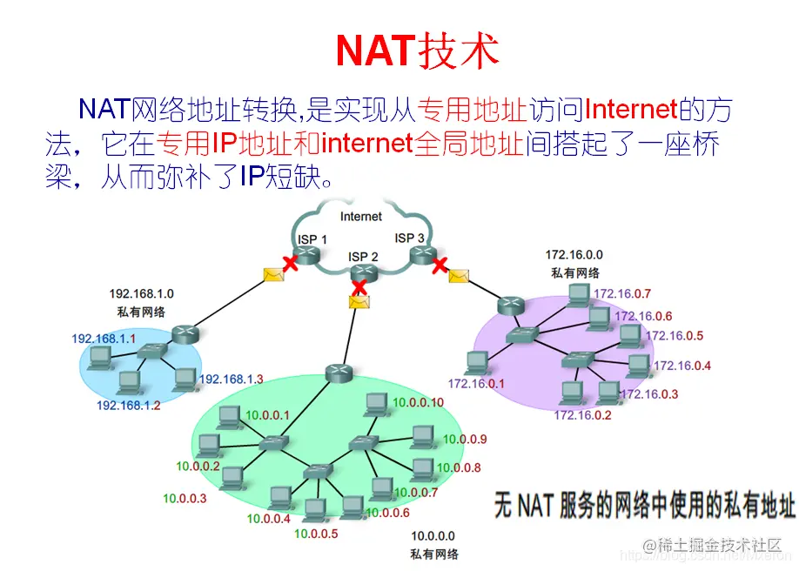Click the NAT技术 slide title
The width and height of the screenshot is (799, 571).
(417, 51)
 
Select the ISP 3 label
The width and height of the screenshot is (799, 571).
(410, 238)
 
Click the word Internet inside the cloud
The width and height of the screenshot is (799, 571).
(360, 216)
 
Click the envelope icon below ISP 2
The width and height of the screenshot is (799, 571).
(358, 301)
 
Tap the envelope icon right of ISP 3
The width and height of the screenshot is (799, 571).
(459, 276)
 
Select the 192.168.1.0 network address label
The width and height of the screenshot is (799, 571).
(142, 294)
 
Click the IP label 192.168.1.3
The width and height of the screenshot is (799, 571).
(231, 379)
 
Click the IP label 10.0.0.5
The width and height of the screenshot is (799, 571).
(316, 534)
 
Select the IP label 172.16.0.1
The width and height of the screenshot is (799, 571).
(476, 383)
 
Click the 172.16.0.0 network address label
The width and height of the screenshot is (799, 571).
(574, 255)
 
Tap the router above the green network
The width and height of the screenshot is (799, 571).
(338, 373)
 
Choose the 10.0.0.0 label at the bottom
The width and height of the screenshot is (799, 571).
(433, 536)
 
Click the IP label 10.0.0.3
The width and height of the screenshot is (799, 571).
(185, 499)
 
